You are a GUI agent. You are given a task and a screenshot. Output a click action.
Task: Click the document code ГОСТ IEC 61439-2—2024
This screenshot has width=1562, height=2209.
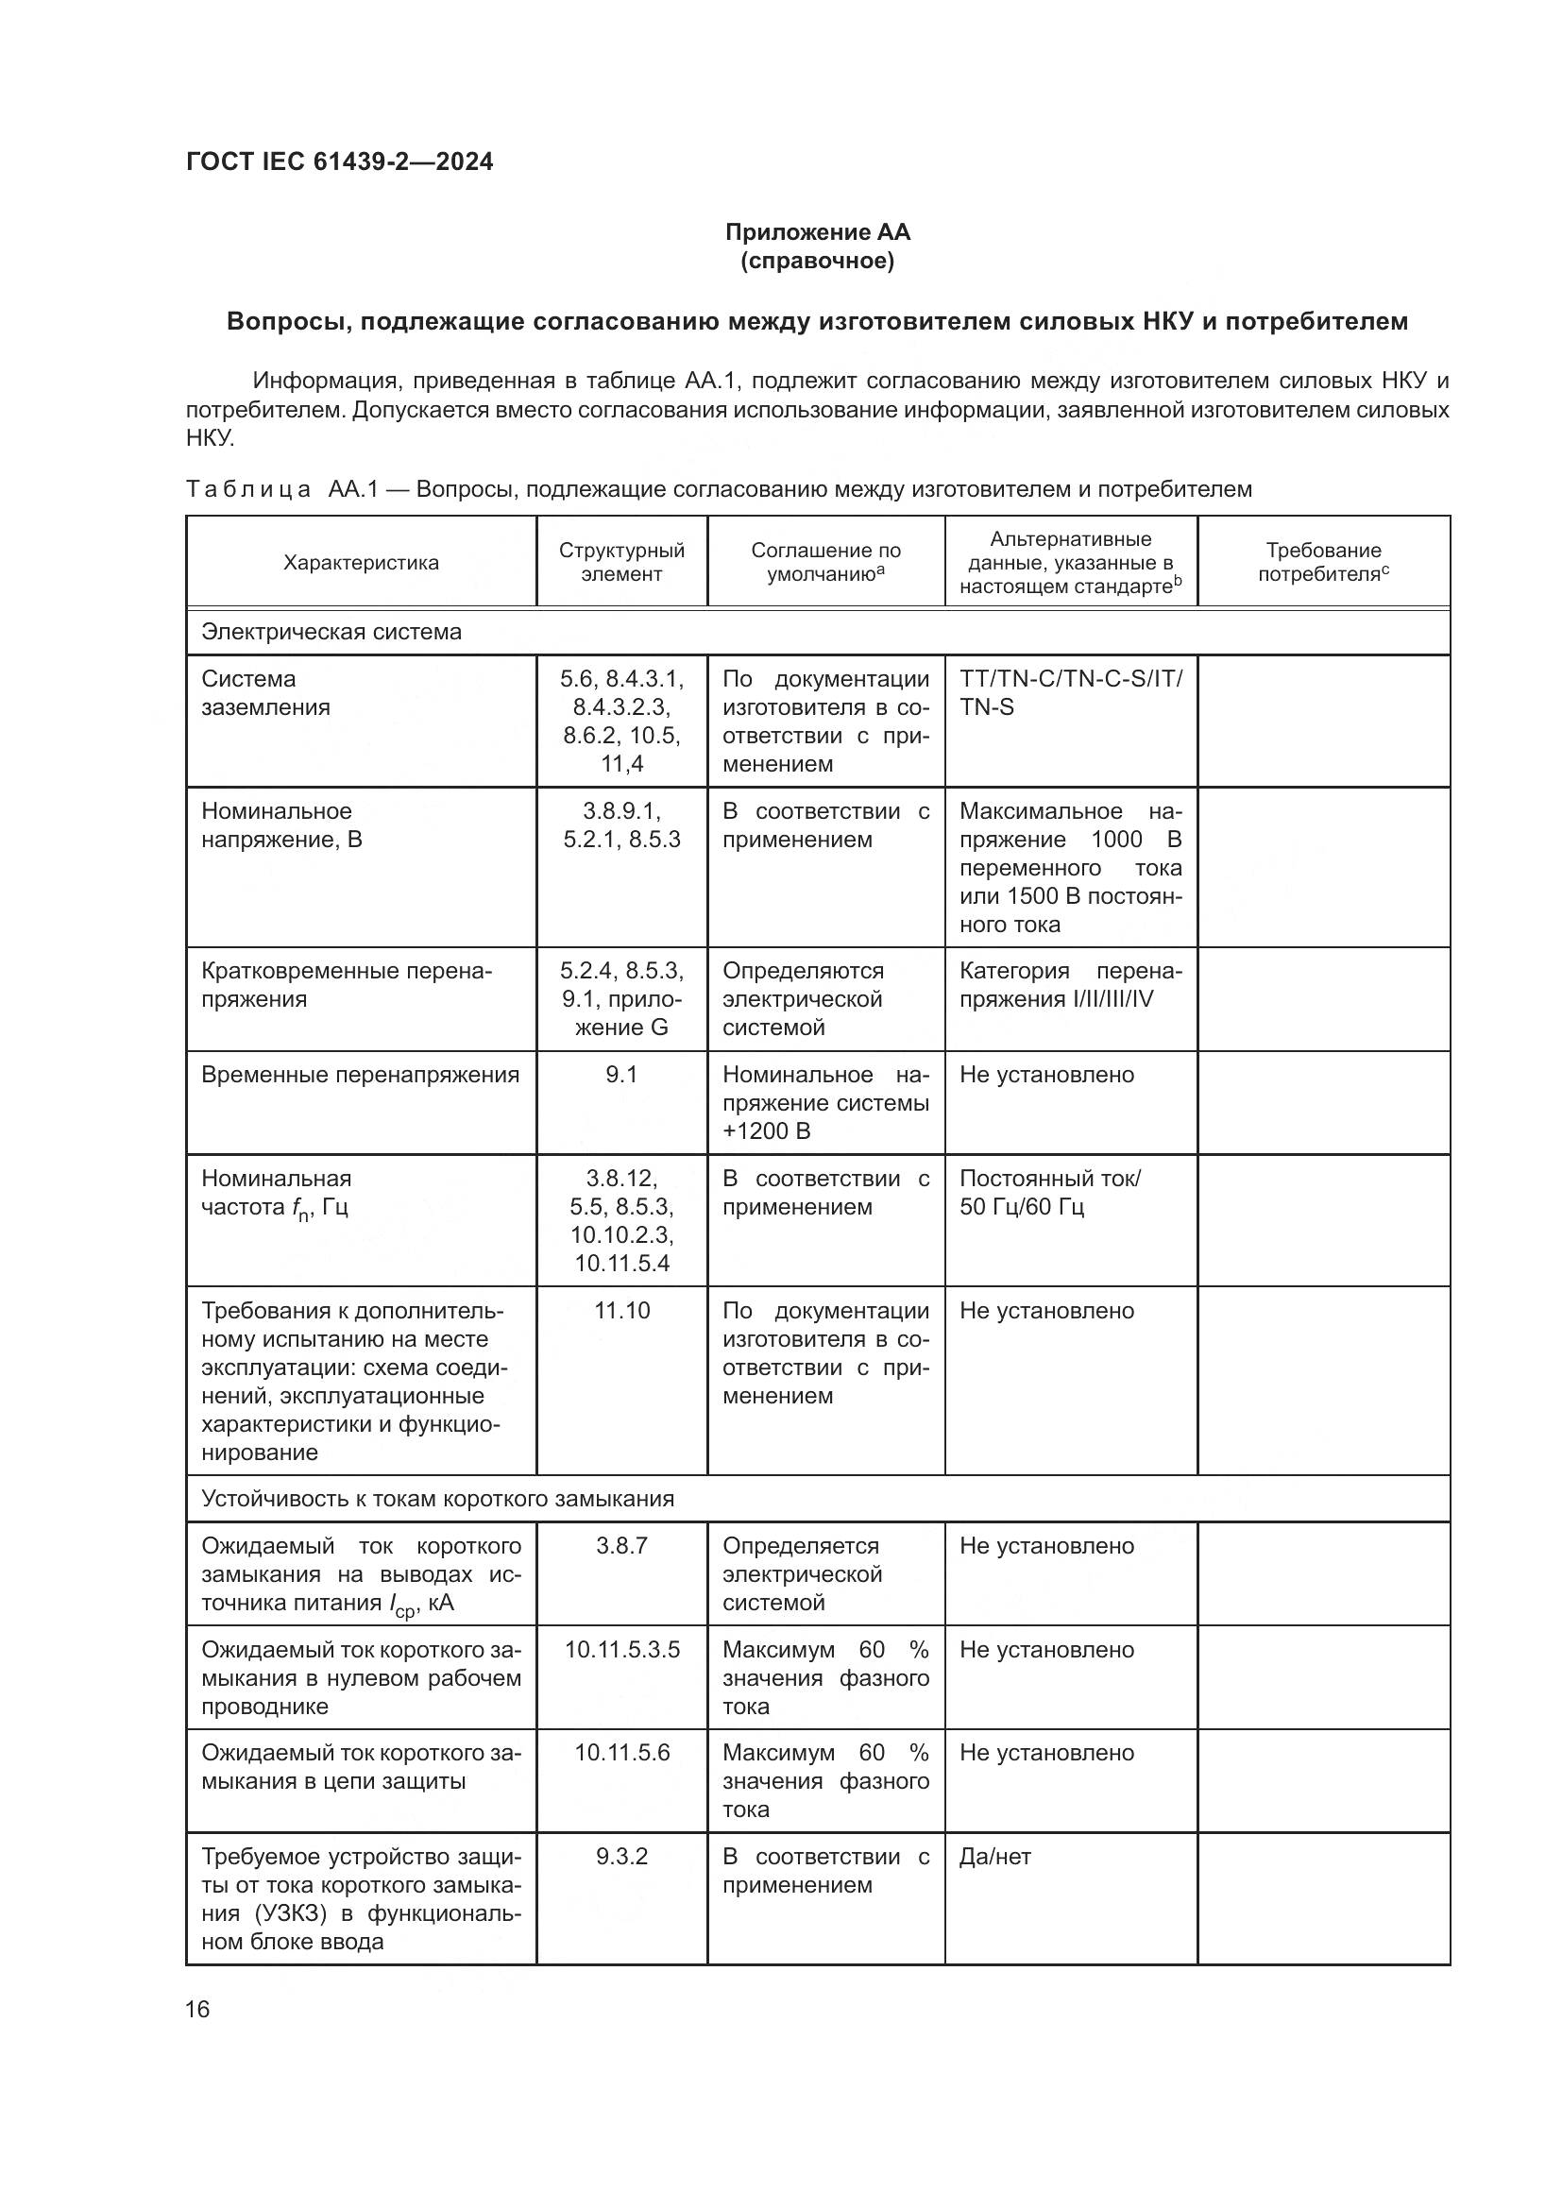339,161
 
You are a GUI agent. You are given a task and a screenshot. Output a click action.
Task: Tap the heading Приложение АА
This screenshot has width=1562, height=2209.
817,232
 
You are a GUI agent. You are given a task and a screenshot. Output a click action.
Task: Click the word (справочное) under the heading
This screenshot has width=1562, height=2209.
817,261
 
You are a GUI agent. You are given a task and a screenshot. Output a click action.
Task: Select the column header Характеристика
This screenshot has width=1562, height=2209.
361,563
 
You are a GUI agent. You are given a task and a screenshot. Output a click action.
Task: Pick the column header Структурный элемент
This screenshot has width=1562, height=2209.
621,563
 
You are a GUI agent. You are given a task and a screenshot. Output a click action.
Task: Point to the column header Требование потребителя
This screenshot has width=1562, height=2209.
1322,563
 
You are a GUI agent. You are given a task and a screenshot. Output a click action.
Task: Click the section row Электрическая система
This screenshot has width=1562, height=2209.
331,632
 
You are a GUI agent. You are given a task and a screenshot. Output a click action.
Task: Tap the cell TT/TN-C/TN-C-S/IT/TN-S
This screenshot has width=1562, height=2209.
1070,692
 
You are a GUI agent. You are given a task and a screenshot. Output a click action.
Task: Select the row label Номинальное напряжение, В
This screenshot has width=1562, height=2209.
280,825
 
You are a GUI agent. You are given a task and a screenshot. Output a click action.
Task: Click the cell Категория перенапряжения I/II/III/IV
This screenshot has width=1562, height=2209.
1070,985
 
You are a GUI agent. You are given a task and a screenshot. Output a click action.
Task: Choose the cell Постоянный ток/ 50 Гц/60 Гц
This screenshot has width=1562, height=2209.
1048,1193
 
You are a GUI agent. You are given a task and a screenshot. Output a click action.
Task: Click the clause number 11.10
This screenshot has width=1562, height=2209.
621,1312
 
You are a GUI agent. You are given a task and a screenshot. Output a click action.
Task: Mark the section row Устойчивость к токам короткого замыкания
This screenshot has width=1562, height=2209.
436,1499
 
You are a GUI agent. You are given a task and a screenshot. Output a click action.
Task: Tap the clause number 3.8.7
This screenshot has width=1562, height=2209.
621,1546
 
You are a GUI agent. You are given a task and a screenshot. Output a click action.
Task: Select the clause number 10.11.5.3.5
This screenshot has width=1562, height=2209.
621,1650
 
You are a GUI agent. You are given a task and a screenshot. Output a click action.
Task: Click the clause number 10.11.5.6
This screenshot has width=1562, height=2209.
621,1753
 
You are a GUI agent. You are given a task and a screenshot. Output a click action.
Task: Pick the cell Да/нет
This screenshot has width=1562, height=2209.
994,1857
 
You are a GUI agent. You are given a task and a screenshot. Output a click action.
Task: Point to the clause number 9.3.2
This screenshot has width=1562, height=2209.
621,1857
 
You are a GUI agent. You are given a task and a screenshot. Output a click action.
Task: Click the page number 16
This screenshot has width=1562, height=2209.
197,2010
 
